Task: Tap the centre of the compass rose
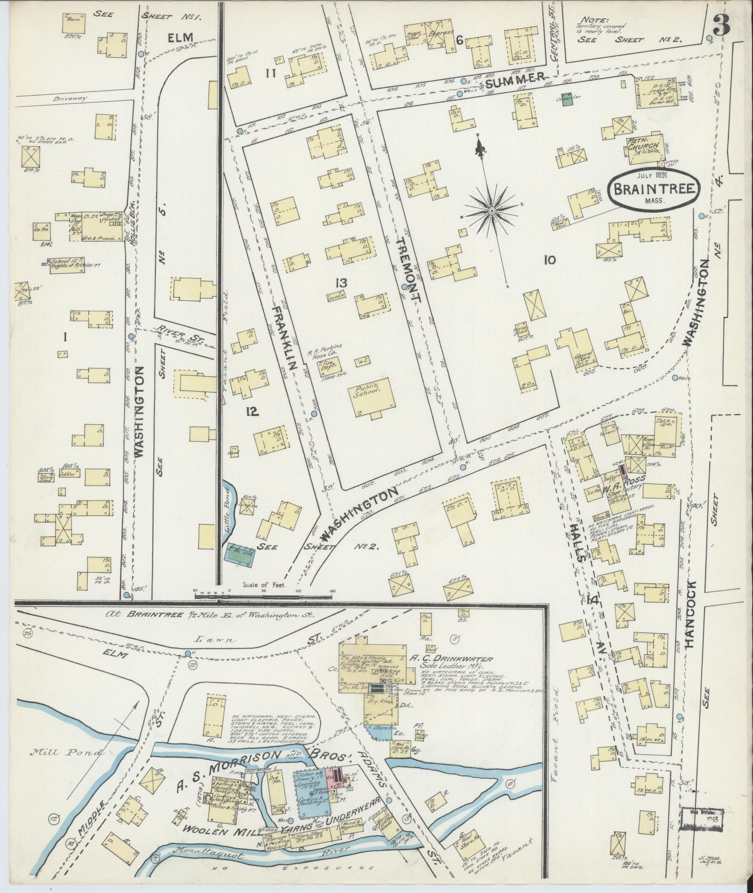492,211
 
